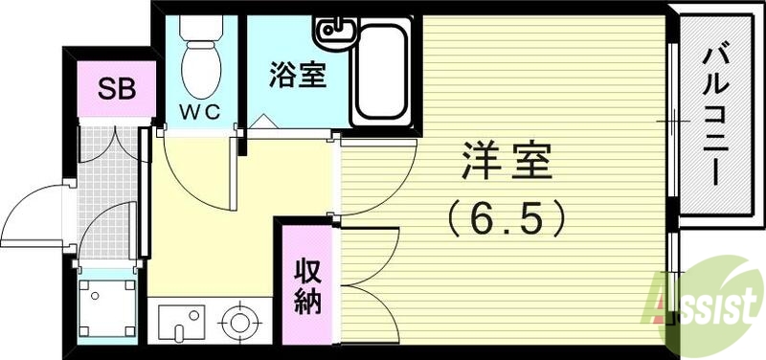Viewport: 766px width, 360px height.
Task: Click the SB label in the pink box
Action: [115, 91]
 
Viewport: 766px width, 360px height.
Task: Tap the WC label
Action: [201, 111]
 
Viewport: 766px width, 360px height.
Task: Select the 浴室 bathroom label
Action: [297, 76]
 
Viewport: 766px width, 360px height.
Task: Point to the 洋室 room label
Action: [508, 163]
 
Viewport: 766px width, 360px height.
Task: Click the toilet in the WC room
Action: [201, 53]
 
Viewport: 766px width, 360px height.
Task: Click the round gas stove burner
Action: [236, 321]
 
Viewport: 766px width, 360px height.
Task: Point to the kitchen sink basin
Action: [179, 321]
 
